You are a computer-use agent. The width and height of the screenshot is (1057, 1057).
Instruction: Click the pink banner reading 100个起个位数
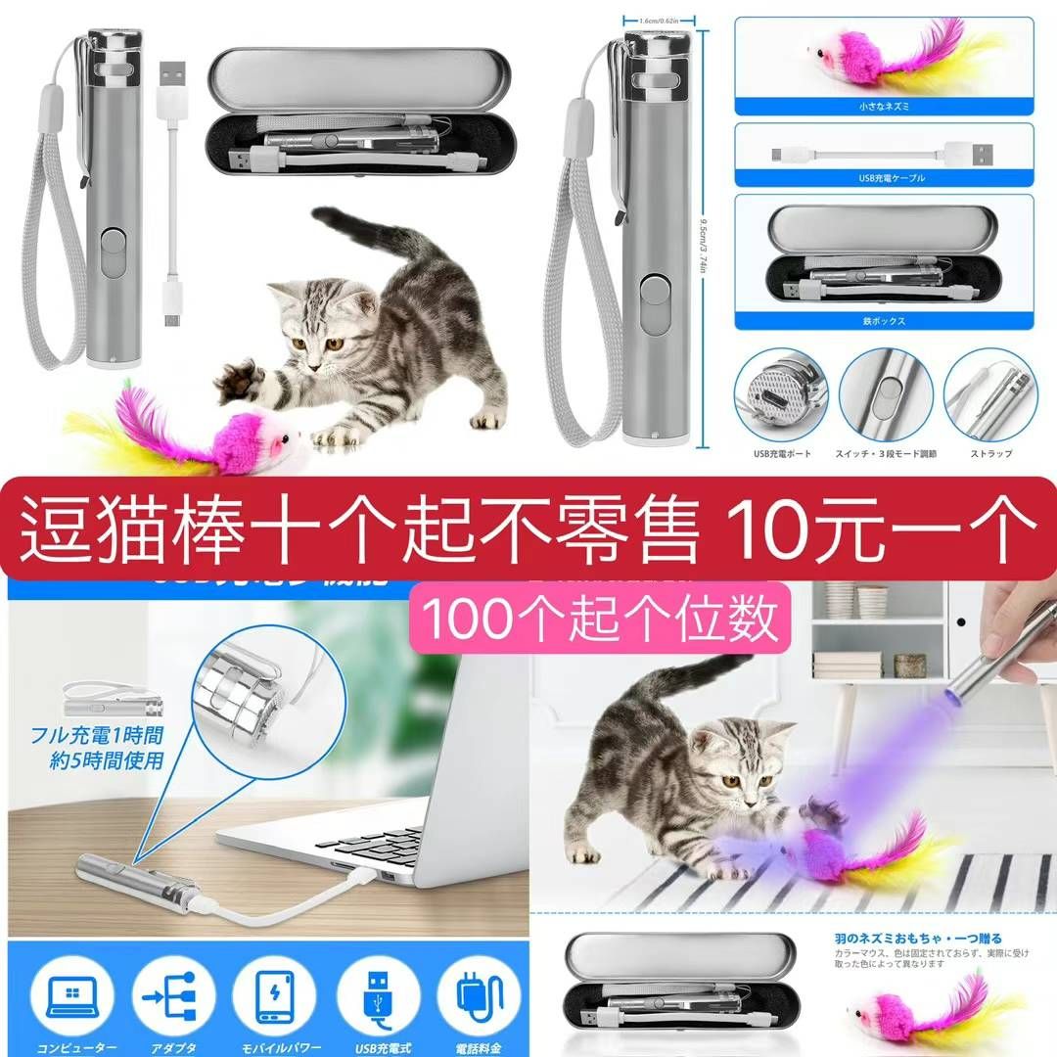pyautogui.click(x=600, y=618)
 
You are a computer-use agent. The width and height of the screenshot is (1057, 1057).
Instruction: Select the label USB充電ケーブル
pyautogui.click(x=884, y=178)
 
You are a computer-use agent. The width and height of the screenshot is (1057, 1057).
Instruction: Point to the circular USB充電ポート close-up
pyautogui.click(x=780, y=395)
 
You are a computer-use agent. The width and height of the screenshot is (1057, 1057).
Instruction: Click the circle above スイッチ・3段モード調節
pyautogui.click(x=885, y=395)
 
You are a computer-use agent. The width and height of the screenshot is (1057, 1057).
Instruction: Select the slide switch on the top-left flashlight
pyautogui.click(x=113, y=252)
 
